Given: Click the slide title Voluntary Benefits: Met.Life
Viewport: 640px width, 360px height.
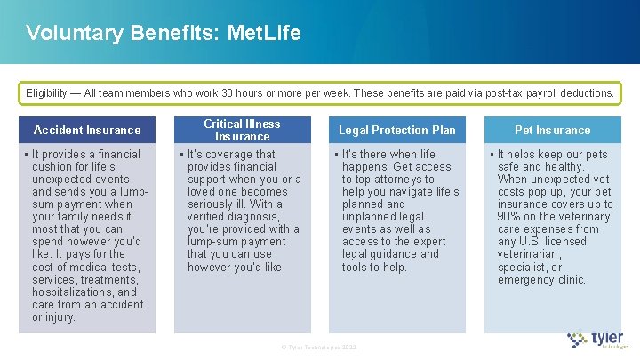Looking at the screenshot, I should coord(164,34).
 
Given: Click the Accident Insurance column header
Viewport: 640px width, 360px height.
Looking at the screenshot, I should coord(87,130).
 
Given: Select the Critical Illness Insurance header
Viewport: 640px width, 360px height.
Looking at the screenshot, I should coord(242,130).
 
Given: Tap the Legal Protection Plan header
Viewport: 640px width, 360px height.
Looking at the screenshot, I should coord(396,130).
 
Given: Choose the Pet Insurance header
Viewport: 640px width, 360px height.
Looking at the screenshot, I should coord(552,130).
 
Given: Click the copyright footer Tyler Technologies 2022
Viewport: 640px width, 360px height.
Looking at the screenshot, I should coord(319,347).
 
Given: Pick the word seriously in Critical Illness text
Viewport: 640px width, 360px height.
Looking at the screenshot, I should coord(214,204).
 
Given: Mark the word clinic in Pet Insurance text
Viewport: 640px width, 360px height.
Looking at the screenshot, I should coord(567,279).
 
